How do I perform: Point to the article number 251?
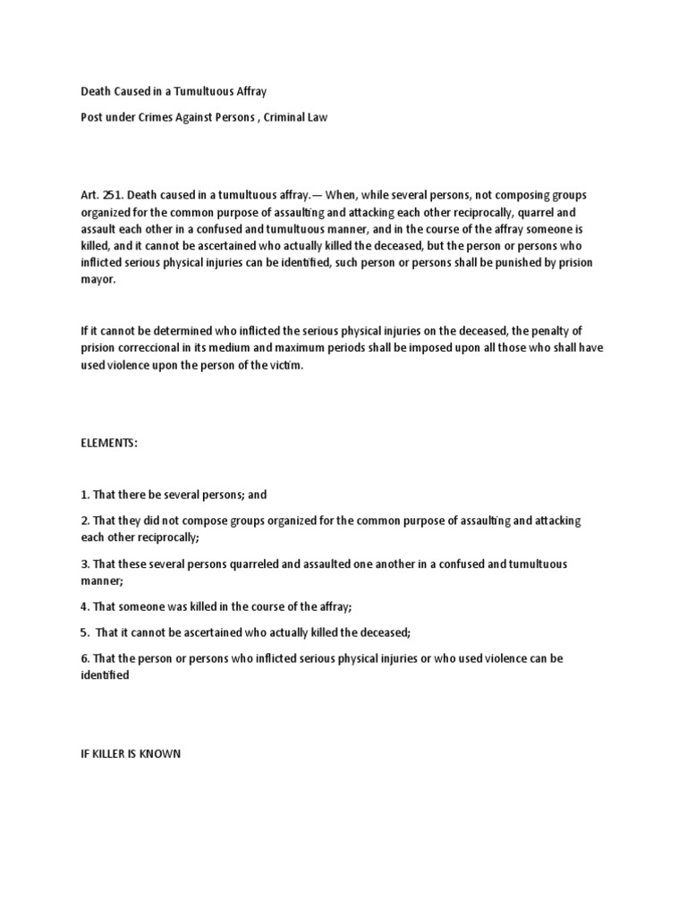click(113, 195)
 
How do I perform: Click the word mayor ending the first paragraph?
click(98, 280)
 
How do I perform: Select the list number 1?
click(84, 495)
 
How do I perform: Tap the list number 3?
click(84, 564)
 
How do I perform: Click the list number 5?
click(84, 632)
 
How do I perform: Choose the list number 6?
click(84, 658)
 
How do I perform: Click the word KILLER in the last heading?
click(111, 754)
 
